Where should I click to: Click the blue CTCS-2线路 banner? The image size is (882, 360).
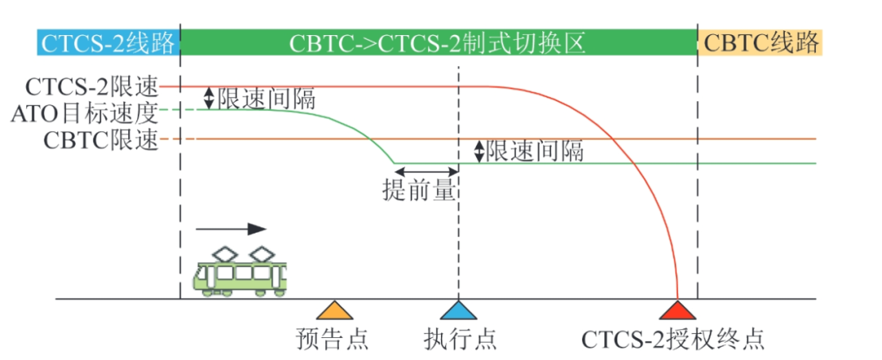tap(107, 42)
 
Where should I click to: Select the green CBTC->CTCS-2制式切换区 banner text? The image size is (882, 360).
tap(438, 42)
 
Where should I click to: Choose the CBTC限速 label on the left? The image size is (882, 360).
tap(100, 139)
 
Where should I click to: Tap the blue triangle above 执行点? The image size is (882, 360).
tap(458, 311)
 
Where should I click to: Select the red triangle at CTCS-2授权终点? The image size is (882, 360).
tap(678, 311)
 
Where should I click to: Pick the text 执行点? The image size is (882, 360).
tap(460, 338)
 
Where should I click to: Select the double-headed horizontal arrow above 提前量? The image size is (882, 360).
tap(425, 170)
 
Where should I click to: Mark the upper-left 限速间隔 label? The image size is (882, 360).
tap(266, 98)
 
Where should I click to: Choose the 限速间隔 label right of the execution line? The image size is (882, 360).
tap(535, 151)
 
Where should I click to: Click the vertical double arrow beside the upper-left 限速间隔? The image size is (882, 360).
tap(209, 99)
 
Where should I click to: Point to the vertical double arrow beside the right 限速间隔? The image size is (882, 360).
tap(479, 151)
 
